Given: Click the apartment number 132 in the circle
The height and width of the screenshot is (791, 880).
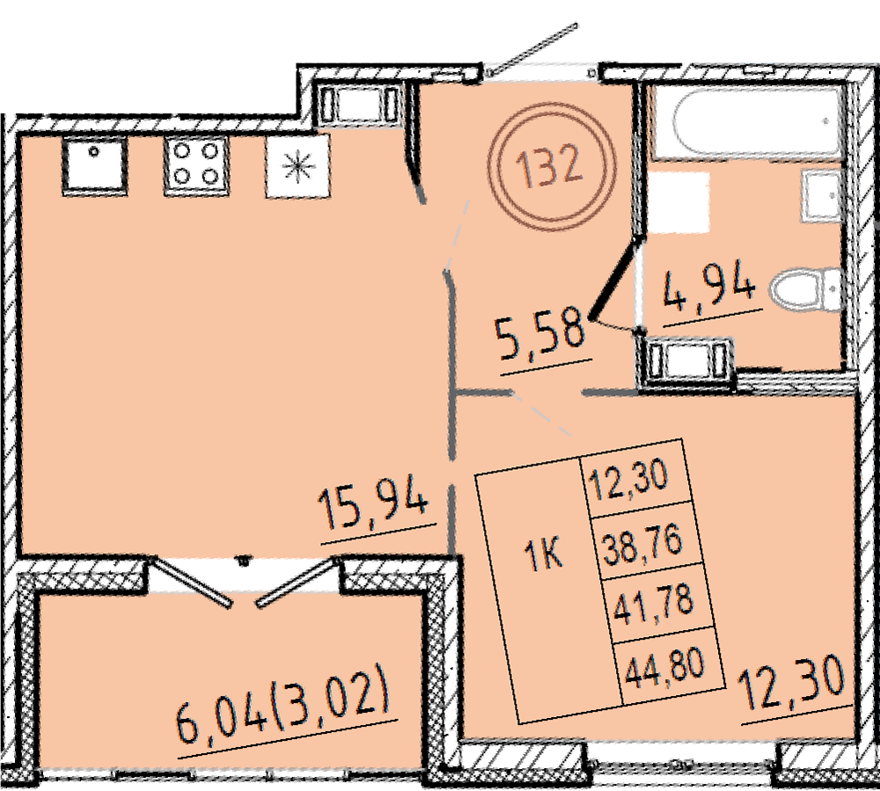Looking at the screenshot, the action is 549,165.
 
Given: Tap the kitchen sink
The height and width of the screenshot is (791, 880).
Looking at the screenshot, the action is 94,166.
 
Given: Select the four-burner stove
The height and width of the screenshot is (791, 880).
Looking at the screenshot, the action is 196,166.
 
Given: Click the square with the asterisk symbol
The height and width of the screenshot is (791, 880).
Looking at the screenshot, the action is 298,166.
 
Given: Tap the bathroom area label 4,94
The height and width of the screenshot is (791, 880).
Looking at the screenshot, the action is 708,288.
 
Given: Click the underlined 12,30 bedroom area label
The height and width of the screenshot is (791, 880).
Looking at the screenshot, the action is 791,685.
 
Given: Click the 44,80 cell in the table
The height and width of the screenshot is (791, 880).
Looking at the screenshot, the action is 664,667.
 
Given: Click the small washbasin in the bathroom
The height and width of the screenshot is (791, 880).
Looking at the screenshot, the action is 822,196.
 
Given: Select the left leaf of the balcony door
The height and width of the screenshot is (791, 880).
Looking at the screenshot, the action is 191,582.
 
